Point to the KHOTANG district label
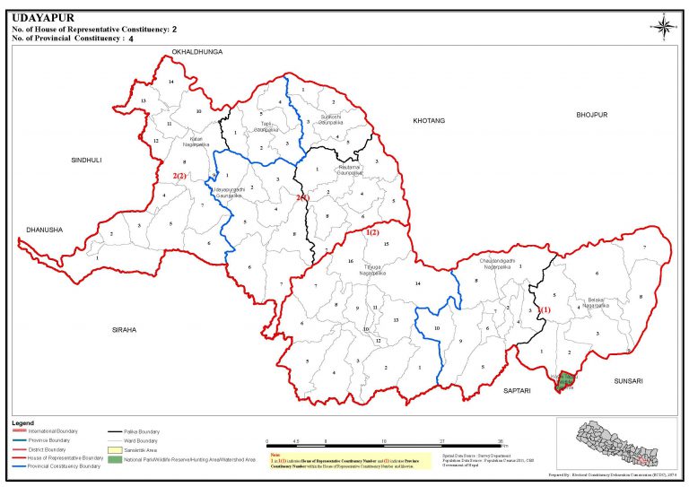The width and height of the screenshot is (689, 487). click(x=428, y=120)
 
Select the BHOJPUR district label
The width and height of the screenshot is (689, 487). click(x=592, y=115)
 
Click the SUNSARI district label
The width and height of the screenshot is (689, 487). click(x=628, y=380)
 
